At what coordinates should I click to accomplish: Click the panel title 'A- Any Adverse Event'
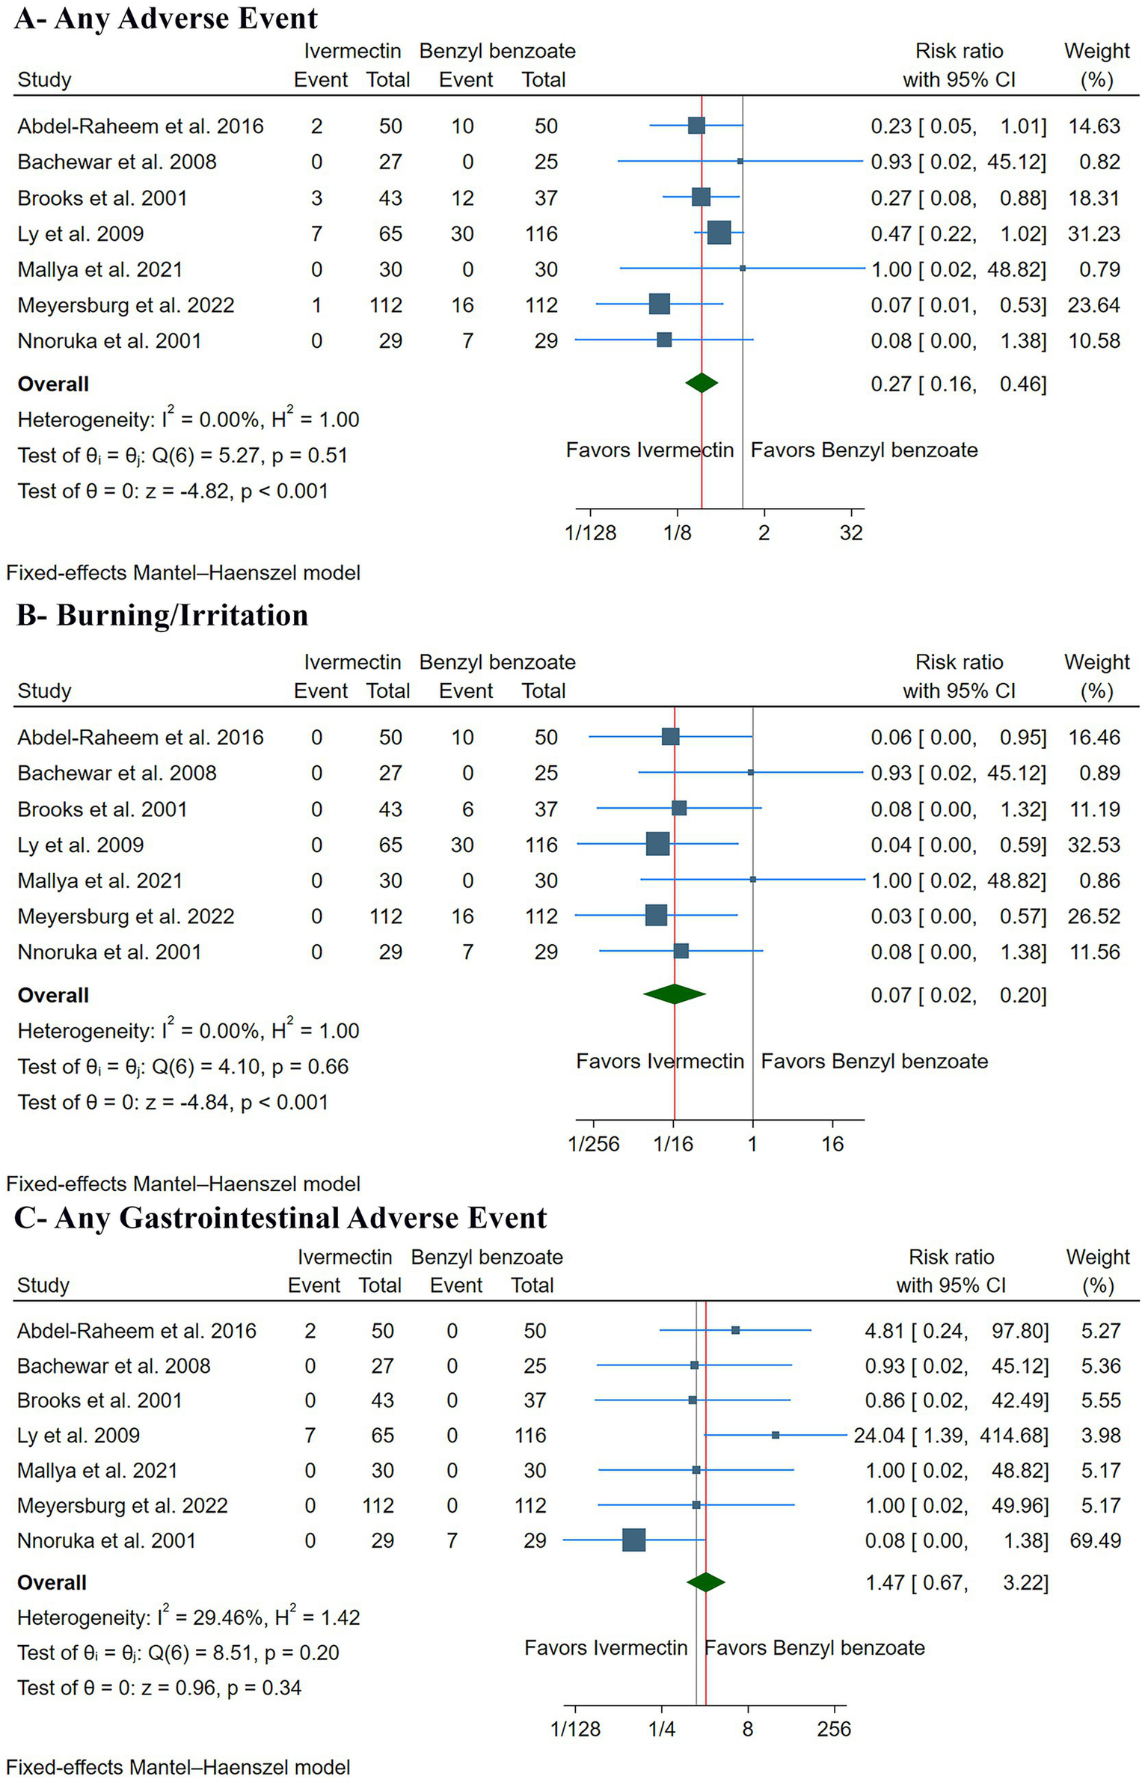coord(166,18)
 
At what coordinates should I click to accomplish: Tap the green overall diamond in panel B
coord(674,994)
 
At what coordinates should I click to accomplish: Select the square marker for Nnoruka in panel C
coord(633,1540)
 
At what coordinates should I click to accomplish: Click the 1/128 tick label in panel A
coord(590,533)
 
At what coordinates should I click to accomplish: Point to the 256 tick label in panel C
coord(834,1728)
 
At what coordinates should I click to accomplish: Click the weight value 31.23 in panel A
coord(1093,233)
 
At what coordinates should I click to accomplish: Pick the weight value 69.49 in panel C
coord(1095,1540)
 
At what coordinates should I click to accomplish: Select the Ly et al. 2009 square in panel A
coord(718,233)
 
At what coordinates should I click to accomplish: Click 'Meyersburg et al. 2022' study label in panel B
coord(126,916)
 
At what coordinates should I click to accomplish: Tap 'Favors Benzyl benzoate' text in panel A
coord(864,450)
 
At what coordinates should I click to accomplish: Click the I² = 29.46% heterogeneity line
coord(188,1617)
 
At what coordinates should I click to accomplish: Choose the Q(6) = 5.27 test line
coord(182,455)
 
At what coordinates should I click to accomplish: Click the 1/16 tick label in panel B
coord(673,1144)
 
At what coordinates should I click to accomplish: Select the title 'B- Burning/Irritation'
coord(162,615)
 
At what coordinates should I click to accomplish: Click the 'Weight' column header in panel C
coord(1097,1257)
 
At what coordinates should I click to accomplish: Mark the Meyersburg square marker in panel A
coord(659,304)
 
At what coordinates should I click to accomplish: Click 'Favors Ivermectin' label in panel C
coord(605,1647)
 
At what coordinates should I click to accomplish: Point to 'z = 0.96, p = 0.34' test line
coord(159,1688)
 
